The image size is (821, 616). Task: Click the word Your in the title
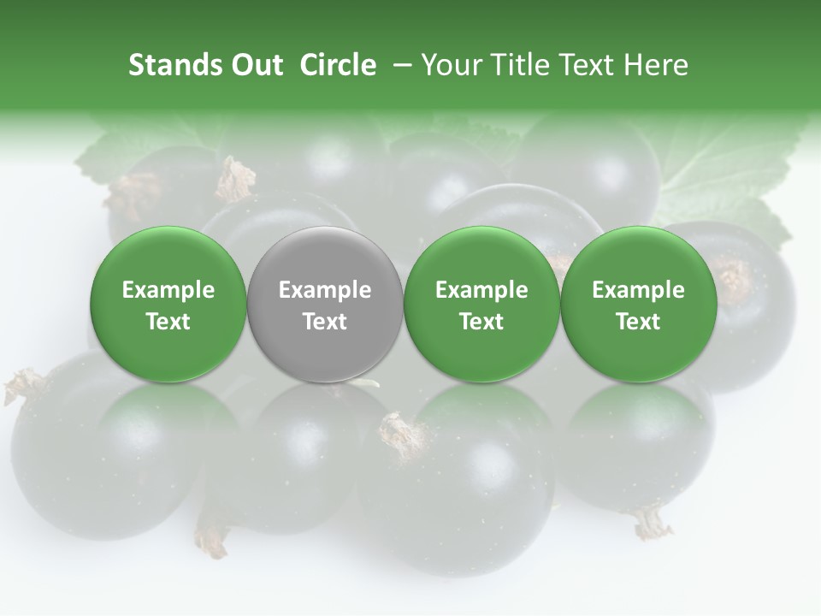[x=453, y=65]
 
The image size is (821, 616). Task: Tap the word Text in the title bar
[x=588, y=65]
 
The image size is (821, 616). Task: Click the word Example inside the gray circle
[x=325, y=290]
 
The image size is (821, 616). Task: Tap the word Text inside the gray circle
[x=325, y=322]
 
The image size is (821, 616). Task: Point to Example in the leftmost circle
[x=168, y=290]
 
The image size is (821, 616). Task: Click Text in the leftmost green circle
[x=168, y=322]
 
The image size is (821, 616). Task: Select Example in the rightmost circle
[x=638, y=290]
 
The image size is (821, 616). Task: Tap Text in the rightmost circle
[x=638, y=322]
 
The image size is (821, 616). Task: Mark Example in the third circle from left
[x=481, y=290]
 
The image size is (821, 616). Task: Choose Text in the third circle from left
[x=481, y=322]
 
